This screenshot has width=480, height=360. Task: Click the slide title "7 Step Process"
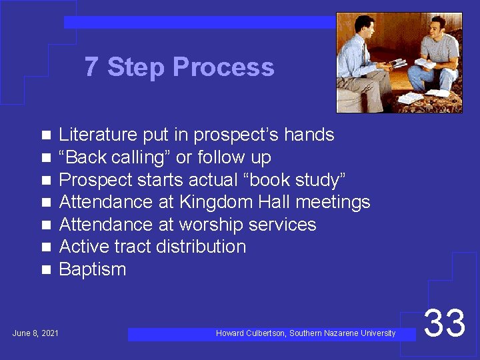pyautogui.click(x=179, y=67)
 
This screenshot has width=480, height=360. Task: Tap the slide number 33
pyautogui.click(x=445, y=323)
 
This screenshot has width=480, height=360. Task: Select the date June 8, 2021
pyautogui.click(x=35, y=333)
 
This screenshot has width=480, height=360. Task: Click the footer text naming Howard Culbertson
pyautogui.click(x=305, y=333)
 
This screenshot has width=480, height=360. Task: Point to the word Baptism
pyautogui.click(x=92, y=269)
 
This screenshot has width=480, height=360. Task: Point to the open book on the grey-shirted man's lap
pyautogui.click(x=427, y=62)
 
